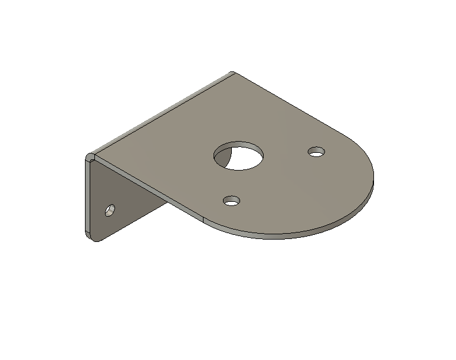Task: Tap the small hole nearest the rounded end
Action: [x=317, y=152]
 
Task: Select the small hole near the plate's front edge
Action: [x=232, y=201]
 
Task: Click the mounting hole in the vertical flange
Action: [x=110, y=210]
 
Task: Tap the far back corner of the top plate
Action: [x=234, y=73]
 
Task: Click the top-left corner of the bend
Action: [x=90, y=158]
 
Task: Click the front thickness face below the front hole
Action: [x=236, y=230]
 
